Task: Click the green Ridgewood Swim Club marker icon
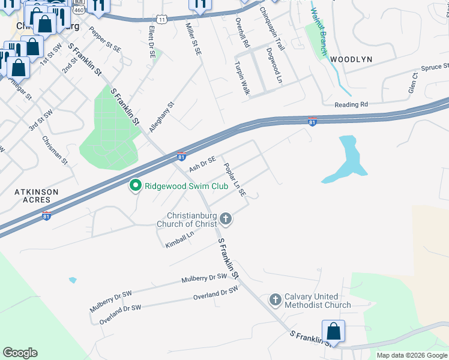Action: [x=135, y=186]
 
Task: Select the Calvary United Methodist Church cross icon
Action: [x=276, y=299]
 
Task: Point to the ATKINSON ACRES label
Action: [x=37, y=196]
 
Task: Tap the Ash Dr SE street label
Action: [x=202, y=163]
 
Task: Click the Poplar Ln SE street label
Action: [x=235, y=180]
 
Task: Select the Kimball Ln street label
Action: [x=181, y=239]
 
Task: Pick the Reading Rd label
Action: [x=351, y=104]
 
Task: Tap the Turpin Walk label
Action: [x=242, y=79]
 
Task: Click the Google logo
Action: [x=20, y=353]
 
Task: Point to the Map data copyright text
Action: [x=411, y=355]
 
